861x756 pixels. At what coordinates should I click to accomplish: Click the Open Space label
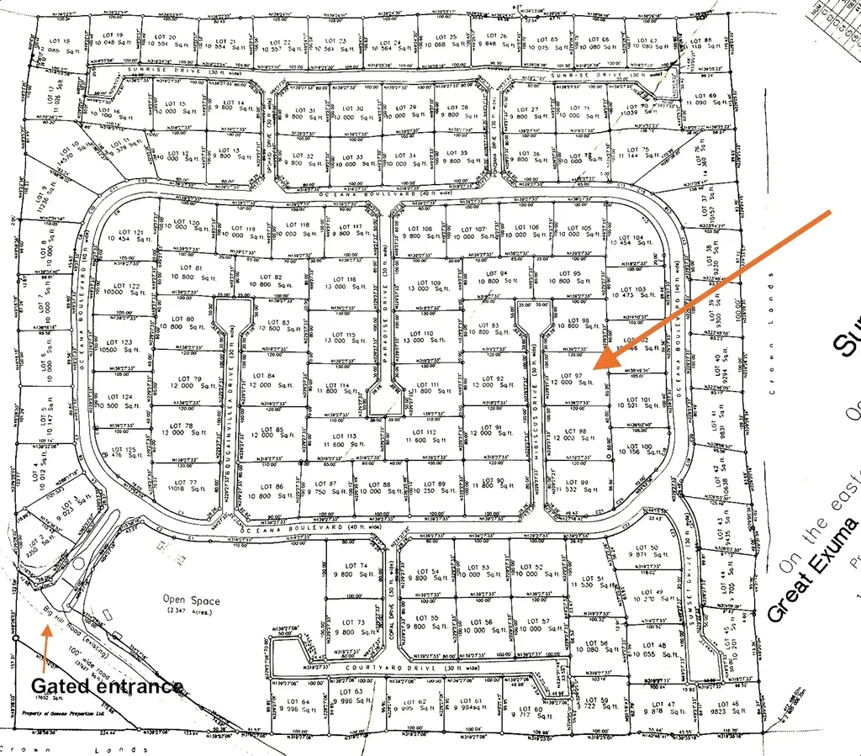tap(192, 601)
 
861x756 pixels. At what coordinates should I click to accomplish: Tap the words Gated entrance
tap(107, 686)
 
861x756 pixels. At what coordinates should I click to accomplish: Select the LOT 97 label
tap(573, 375)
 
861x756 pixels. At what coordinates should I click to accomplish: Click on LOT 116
tap(345, 279)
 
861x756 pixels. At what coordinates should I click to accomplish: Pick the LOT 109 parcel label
tap(429, 283)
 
